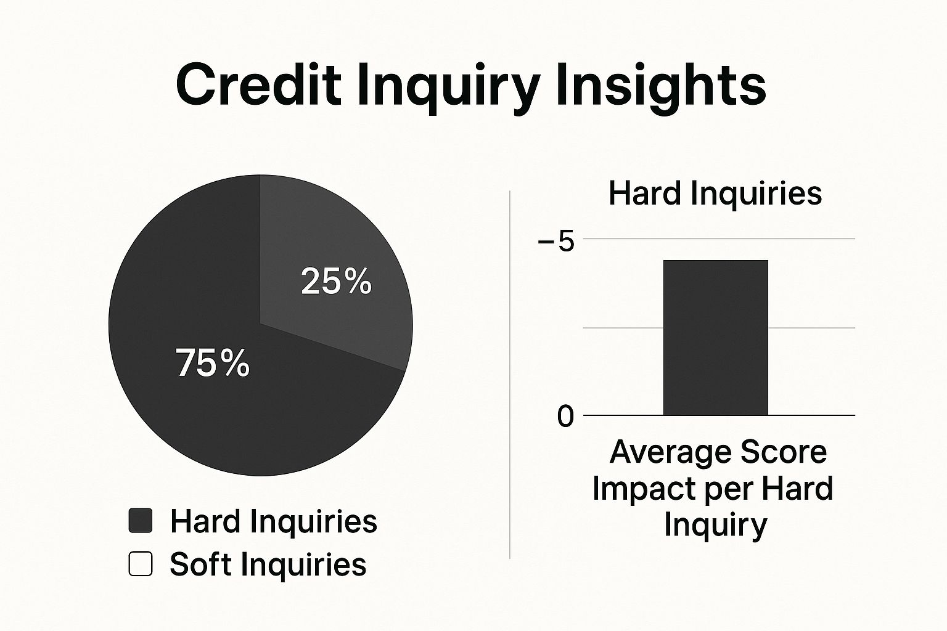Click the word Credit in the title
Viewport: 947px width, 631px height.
(258, 84)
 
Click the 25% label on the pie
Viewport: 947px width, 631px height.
(336, 282)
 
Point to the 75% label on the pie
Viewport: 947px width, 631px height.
(213, 362)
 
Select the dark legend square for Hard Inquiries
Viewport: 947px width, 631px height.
(141, 520)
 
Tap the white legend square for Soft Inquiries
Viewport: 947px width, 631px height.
(141, 564)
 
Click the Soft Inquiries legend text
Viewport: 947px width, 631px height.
(268, 564)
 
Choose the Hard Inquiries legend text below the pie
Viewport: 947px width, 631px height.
(274, 521)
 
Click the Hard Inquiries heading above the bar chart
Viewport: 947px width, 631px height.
(715, 193)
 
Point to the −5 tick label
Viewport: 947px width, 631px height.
(556, 242)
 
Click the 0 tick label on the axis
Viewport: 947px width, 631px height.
(565, 417)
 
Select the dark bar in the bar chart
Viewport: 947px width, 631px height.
(715, 338)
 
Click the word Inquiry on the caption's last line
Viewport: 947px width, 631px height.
(715, 525)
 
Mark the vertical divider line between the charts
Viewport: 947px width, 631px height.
(510, 375)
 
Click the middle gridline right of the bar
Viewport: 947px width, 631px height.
(811, 328)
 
